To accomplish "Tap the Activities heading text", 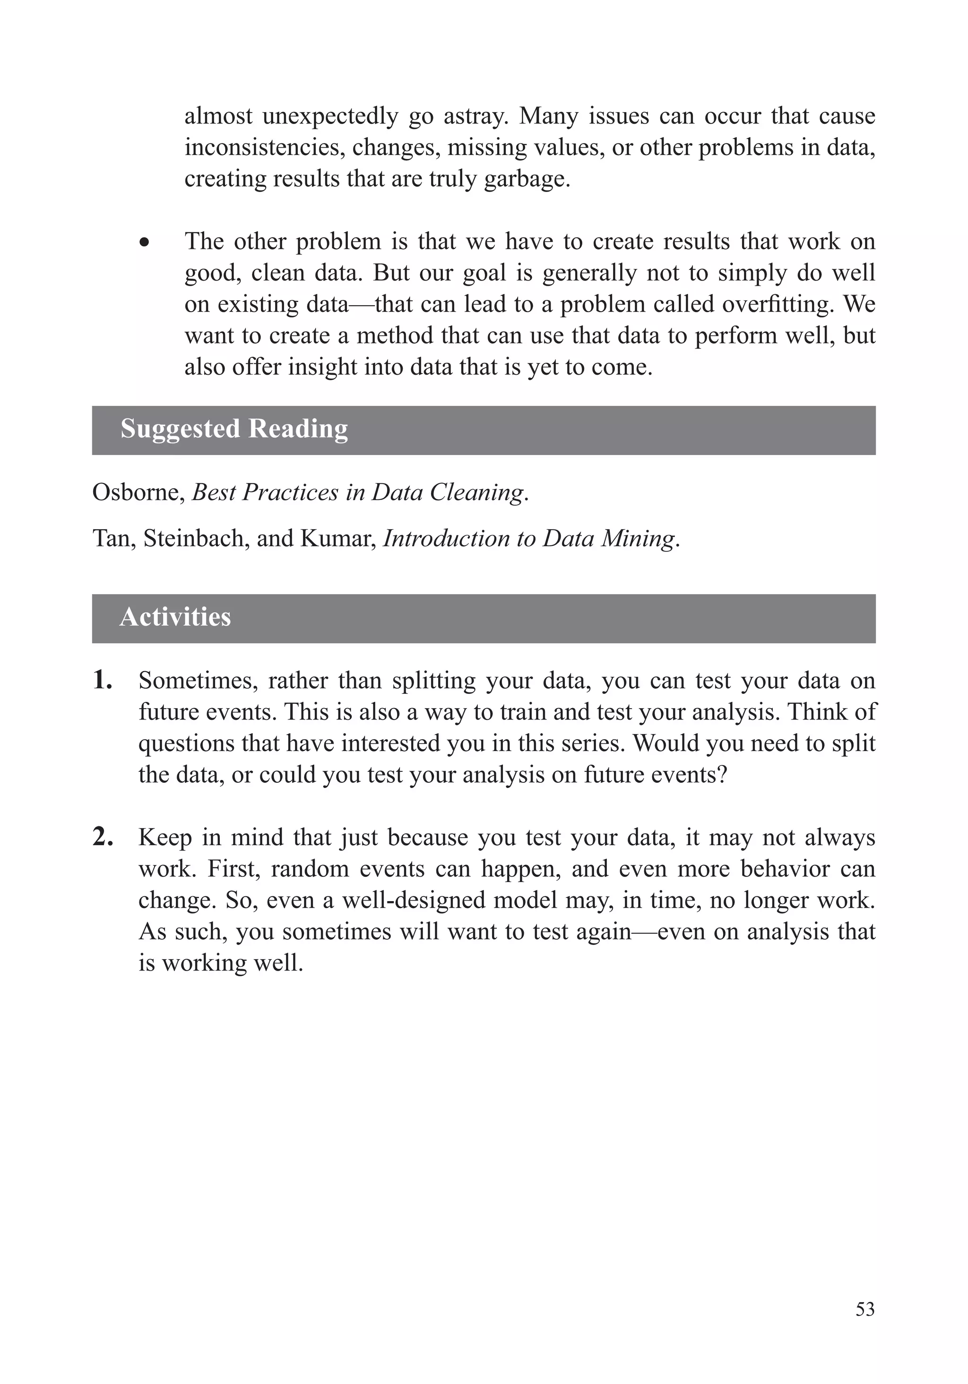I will tap(175, 617).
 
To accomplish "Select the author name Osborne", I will tap(138, 492).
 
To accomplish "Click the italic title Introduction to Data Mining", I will tap(528, 538).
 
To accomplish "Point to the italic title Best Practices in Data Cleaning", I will tap(358, 492).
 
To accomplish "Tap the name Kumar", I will tap(337, 538).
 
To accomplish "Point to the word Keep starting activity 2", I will tap(164, 837).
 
